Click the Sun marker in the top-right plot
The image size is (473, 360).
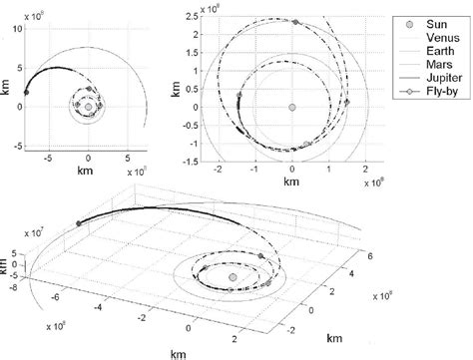point(291,107)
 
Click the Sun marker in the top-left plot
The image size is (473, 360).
point(89,106)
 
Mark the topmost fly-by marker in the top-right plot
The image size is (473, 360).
point(294,20)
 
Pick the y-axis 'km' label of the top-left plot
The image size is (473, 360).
point(8,88)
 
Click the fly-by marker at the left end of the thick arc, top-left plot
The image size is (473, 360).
point(27,92)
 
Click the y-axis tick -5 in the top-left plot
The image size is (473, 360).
point(17,146)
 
